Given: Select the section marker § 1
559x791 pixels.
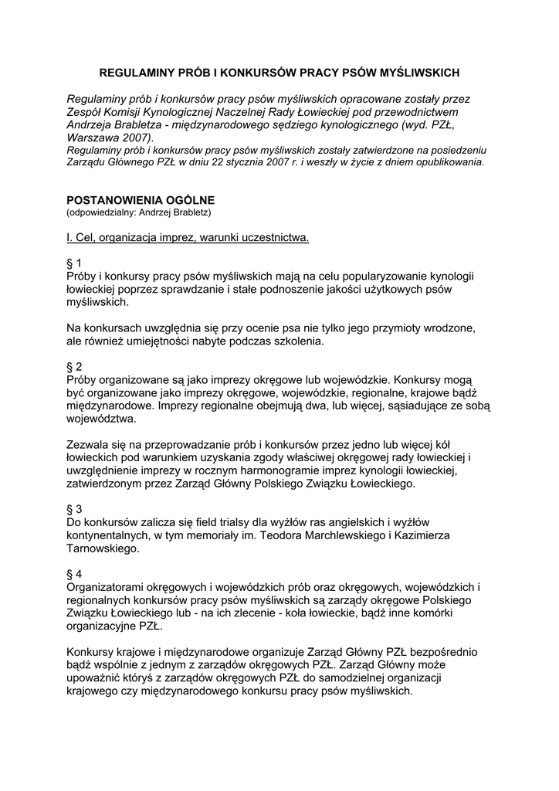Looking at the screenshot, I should point(75,263).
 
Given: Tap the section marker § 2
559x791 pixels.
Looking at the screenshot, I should point(75,367).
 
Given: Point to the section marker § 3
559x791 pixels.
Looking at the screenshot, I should point(75,510).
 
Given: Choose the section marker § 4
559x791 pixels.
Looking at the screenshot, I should point(75,575).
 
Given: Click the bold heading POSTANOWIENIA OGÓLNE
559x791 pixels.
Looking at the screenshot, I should point(141,199).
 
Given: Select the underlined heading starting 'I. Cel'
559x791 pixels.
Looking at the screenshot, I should point(188,237).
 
